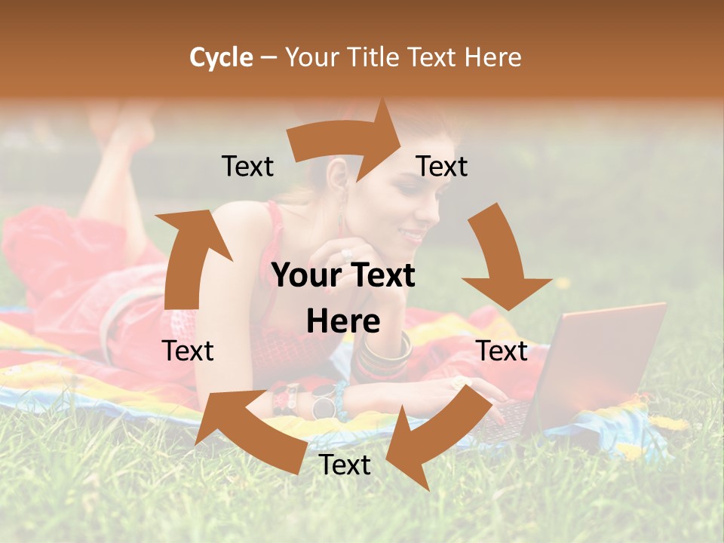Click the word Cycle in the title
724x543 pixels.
point(221,57)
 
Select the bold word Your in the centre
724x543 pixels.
point(305,276)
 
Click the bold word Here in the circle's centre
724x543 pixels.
point(343,322)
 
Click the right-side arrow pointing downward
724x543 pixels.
point(502,260)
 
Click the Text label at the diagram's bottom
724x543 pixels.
point(345,465)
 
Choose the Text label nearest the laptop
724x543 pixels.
point(502,351)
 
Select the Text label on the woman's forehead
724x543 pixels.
point(442,167)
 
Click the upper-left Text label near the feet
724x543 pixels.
point(248,167)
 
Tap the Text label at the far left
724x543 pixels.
point(189,351)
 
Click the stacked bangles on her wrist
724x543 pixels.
point(385,354)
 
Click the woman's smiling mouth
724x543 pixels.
point(413,235)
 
